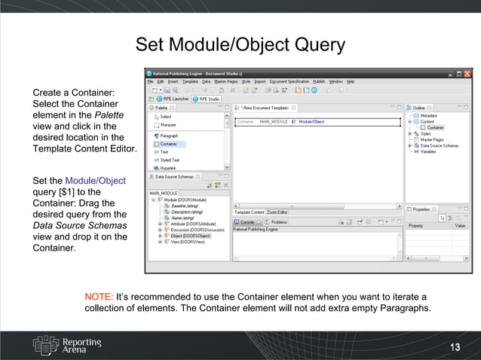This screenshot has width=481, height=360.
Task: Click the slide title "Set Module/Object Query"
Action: pyautogui.click(x=240, y=45)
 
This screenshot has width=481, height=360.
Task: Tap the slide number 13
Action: pyautogui.click(x=455, y=346)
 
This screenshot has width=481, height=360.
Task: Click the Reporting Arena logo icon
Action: pyautogui.click(x=45, y=344)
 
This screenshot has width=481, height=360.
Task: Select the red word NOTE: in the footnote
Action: pyautogui.click(x=99, y=297)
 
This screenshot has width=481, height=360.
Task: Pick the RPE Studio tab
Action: pyautogui.click(x=207, y=99)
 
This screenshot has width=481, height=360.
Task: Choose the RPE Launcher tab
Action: pyautogui.click(x=174, y=99)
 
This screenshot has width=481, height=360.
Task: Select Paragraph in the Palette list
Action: pyautogui.click(x=170, y=136)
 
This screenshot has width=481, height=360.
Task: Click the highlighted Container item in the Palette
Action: pyautogui.click(x=168, y=144)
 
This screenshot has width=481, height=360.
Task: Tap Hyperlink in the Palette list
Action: pyautogui.click(x=169, y=168)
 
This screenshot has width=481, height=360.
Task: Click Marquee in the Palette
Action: pyautogui.click(x=168, y=125)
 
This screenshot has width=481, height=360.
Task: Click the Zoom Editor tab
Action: pyautogui.click(x=277, y=212)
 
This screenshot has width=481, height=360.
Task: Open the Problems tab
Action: pyautogui.click(x=279, y=222)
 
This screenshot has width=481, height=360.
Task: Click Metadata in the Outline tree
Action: pyautogui.click(x=428, y=116)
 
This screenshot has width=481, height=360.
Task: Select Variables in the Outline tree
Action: pyautogui.click(x=427, y=151)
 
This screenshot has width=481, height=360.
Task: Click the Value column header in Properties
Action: pyautogui.click(x=460, y=226)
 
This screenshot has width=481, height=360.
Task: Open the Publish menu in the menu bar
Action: pyautogui.click(x=319, y=81)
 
